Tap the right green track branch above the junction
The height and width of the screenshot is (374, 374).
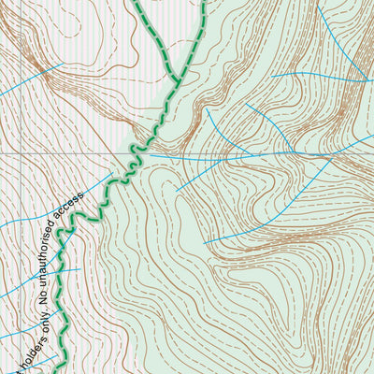click(196, 37)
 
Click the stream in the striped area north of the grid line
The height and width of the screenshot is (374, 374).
click(28, 79)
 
